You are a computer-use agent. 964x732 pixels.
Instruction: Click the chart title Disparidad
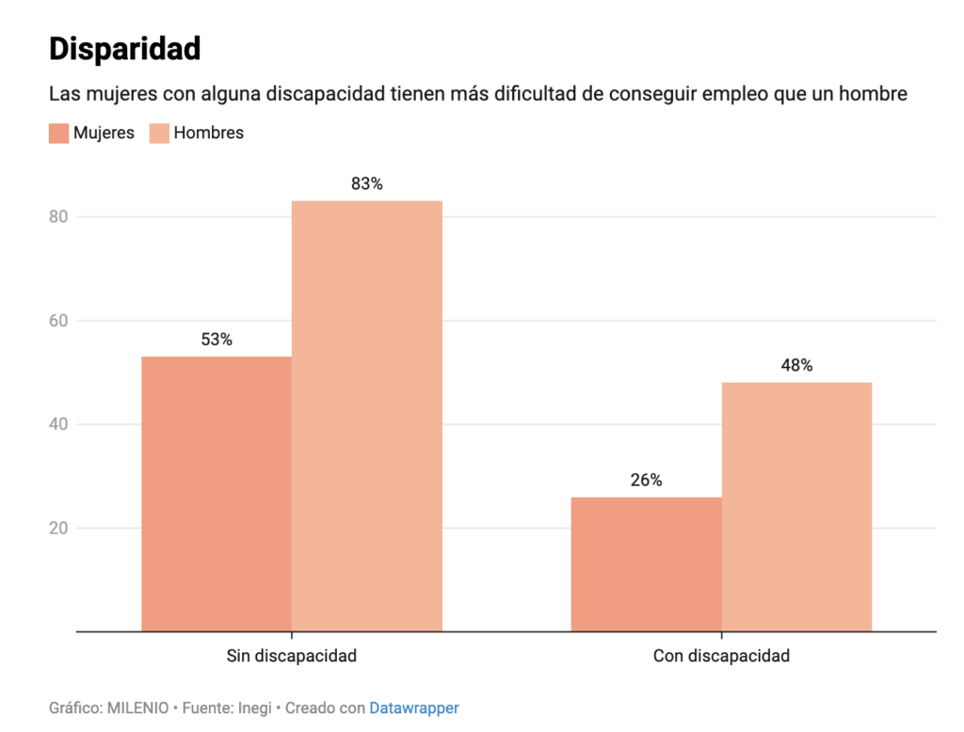coord(125,49)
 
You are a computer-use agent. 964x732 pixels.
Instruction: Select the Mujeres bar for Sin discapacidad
coord(217,494)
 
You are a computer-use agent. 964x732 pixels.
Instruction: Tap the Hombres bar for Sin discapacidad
coord(367,416)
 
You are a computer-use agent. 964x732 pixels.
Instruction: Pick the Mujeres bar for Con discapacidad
coord(646,565)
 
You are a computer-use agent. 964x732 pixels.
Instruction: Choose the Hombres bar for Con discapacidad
coord(796,506)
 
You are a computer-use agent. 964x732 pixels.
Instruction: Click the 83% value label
coord(367,183)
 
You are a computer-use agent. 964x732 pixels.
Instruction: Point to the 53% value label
coord(217,340)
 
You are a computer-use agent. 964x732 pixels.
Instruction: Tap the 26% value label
coord(646,480)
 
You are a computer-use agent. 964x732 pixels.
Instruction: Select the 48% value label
coord(796,365)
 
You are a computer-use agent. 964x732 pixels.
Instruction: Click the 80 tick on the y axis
coord(58,216)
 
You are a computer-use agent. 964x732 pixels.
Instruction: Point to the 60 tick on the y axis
coord(58,320)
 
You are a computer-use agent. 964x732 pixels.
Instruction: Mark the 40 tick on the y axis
coord(58,424)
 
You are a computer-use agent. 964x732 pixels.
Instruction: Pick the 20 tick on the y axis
coord(58,528)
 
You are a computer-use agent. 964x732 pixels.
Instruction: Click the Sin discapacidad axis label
coord(292,656)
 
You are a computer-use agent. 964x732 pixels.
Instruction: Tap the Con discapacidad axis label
coord(721,656)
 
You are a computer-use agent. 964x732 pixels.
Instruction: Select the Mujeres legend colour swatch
coord(59,134)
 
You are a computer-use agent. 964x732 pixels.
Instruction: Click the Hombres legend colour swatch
coord(159,134)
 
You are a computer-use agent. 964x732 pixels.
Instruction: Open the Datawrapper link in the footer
coord(414,708)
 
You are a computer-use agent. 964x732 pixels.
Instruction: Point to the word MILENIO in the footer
coord(137,708)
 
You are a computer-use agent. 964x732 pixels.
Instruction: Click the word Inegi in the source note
coord(254,708)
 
